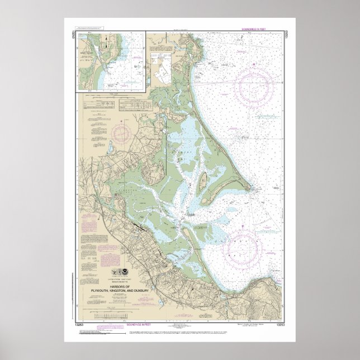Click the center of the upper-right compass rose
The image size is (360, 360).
(254, 87)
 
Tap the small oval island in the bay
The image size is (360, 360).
(203, 180)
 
